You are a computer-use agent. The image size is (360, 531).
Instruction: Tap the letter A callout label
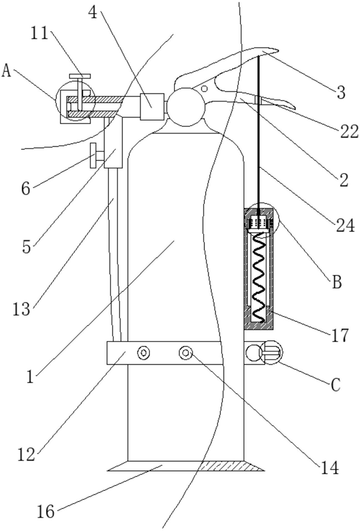click(x=7, y=70)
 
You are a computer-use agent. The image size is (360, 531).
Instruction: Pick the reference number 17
click(x=339, y=335)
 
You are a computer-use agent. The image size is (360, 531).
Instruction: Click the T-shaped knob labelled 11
click(x=80, y=78)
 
